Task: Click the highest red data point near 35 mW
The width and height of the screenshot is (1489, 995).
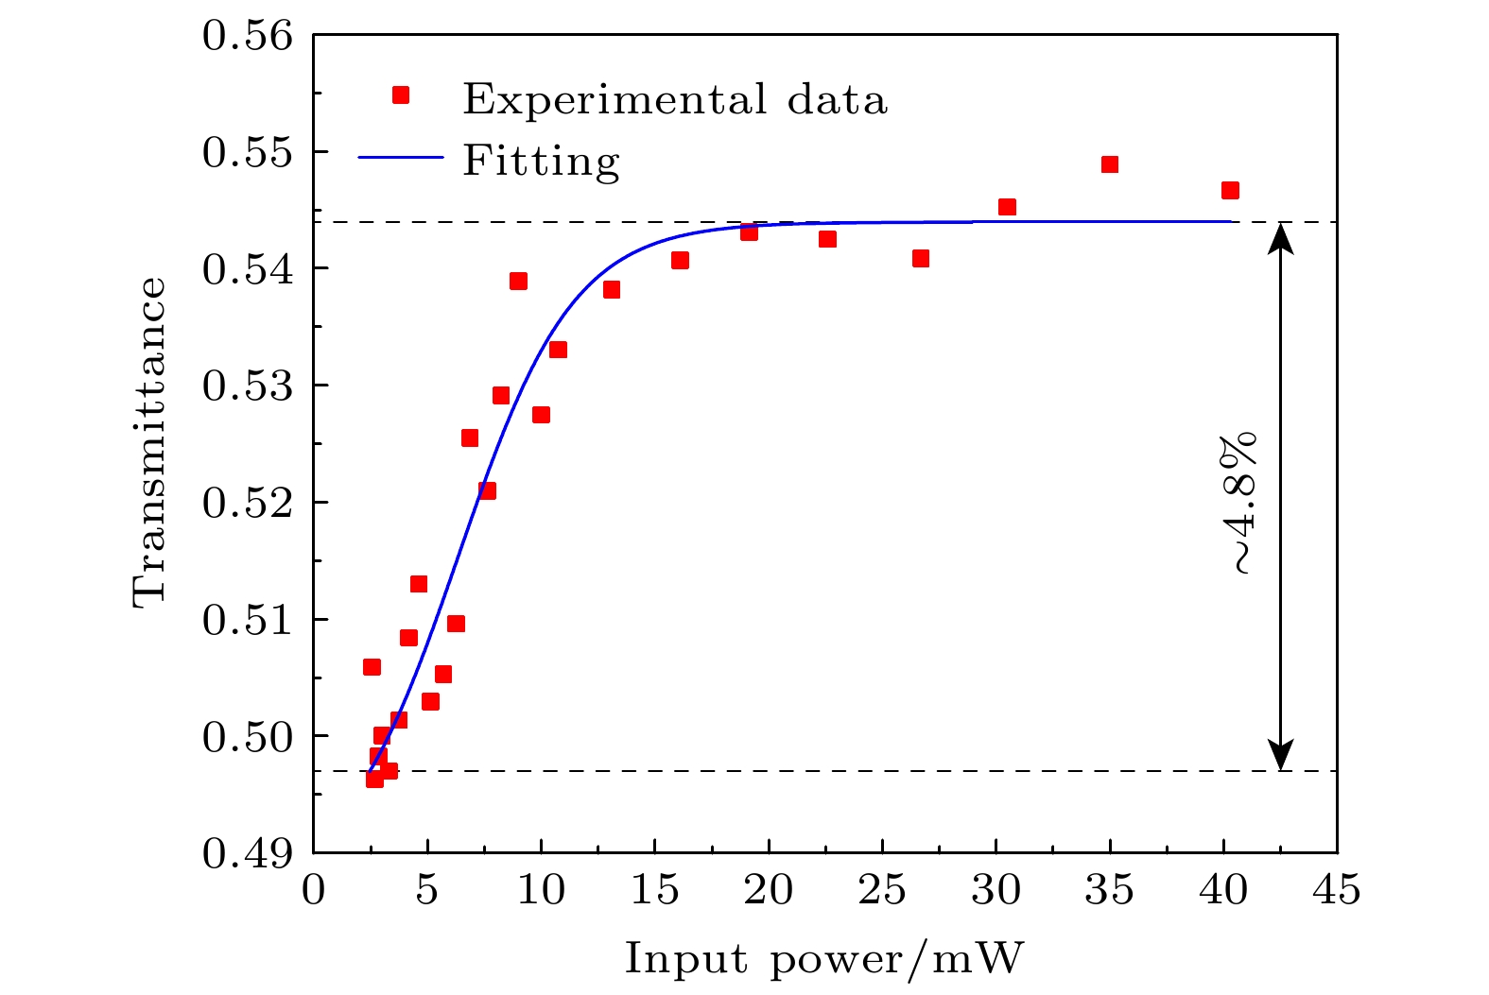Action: pos(1110,164)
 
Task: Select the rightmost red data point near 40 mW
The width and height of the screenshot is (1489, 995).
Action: pos(1230,190)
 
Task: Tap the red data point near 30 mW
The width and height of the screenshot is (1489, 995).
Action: pos(1007,207)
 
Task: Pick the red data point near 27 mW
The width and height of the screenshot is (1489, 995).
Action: pos(921,258)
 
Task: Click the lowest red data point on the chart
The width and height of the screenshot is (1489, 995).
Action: pos(374,779)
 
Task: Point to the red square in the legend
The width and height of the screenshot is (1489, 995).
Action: pos(401,94)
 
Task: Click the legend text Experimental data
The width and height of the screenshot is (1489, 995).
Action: pos(675,99)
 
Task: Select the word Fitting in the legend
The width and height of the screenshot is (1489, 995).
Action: pos(541,162)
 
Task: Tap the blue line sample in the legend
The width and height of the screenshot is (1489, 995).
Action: pos(401,157)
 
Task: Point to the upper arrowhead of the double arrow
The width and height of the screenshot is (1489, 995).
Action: pos(1281,236)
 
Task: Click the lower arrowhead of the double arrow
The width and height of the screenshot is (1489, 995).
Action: pos(1281,757)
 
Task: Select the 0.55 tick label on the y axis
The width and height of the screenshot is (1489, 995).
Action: pos(248,152)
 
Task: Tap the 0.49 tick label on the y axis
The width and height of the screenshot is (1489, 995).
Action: pos(248,853)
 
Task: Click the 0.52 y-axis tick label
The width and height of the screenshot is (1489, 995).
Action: pos(248,503)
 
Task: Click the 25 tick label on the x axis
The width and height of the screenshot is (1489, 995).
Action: pos(882,890)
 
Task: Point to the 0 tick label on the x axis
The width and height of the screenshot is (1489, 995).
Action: pos(314,890)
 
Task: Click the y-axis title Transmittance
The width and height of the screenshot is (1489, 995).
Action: pos(149,443)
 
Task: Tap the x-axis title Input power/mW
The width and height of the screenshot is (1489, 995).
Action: pos(824,960)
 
